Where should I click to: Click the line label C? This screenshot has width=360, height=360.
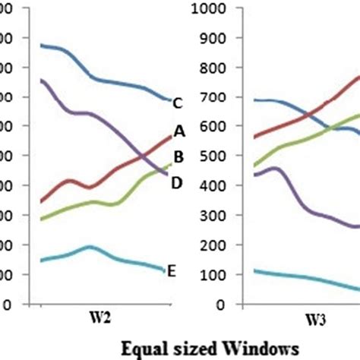tap(177, 103)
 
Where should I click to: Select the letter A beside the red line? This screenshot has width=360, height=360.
tap(179, 131)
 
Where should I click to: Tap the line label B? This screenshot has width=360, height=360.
tap(179, 157)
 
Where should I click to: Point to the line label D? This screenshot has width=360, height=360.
tap(177, 182)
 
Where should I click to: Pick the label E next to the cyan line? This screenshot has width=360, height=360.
tap(172, 271)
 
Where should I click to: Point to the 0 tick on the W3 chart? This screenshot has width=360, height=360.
tap(217, 305)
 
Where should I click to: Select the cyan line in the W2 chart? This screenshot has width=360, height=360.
tap(91, 248)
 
